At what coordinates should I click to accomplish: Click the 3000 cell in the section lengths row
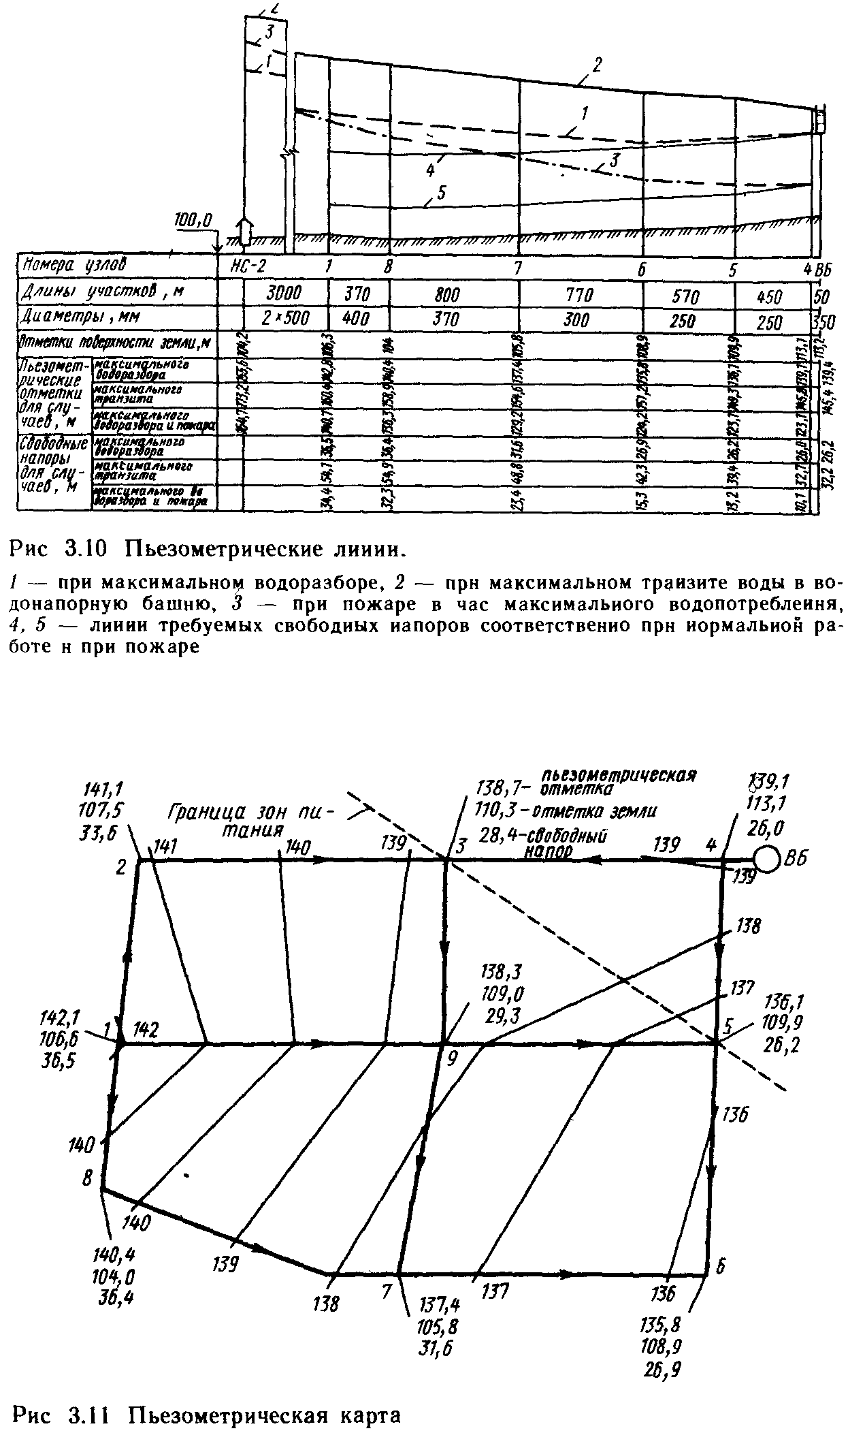click(284, 294)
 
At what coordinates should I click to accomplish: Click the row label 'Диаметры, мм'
click(71, 317)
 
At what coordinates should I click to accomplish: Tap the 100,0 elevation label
click(193, 219)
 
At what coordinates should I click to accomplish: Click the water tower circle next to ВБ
click(766, 861)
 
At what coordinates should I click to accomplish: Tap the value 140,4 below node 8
click(113, 1251)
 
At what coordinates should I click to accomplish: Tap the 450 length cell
click(770, 297)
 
